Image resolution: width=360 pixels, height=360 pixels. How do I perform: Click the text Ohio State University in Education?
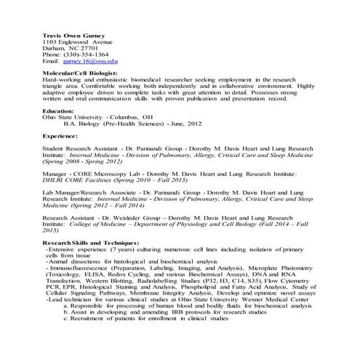(73, 116)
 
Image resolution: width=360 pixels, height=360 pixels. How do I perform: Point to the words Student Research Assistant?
(79, 148)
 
